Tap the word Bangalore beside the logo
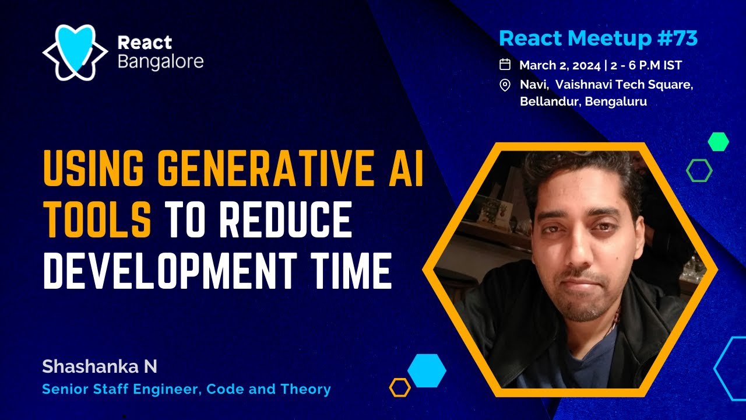[160, 61]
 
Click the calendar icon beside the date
[505, 64]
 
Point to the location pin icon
[505, 85]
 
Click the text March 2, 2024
[559, 65]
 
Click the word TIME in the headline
[357, 271]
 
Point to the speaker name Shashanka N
[100, 367]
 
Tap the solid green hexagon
[718, 141]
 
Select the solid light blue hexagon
[427, 370]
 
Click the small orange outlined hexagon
[400, 387]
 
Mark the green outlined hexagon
[699, 170]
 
